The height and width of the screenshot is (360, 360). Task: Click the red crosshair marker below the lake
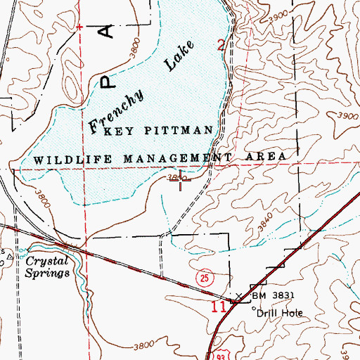point(184,183)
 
